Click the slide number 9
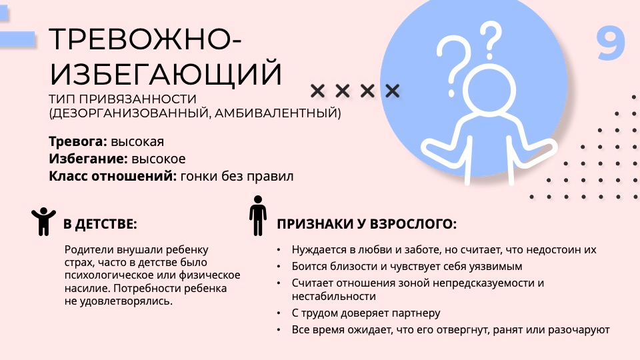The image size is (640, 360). click(611, 44)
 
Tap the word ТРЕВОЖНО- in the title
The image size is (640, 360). click(145, 39)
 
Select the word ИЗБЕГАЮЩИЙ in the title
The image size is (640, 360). click(165, 73)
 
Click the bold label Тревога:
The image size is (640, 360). click(78, 141)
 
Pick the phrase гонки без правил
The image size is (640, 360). click(237, 176)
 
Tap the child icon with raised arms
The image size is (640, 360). click(43, 221)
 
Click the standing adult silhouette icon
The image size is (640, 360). click(258, 215)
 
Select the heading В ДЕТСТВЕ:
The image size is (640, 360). click(100, 224)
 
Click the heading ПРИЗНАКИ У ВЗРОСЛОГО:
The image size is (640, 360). click(367, 224)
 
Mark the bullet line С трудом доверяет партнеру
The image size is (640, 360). click(366, 313)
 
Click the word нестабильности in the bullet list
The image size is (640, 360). click(333, 296)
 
